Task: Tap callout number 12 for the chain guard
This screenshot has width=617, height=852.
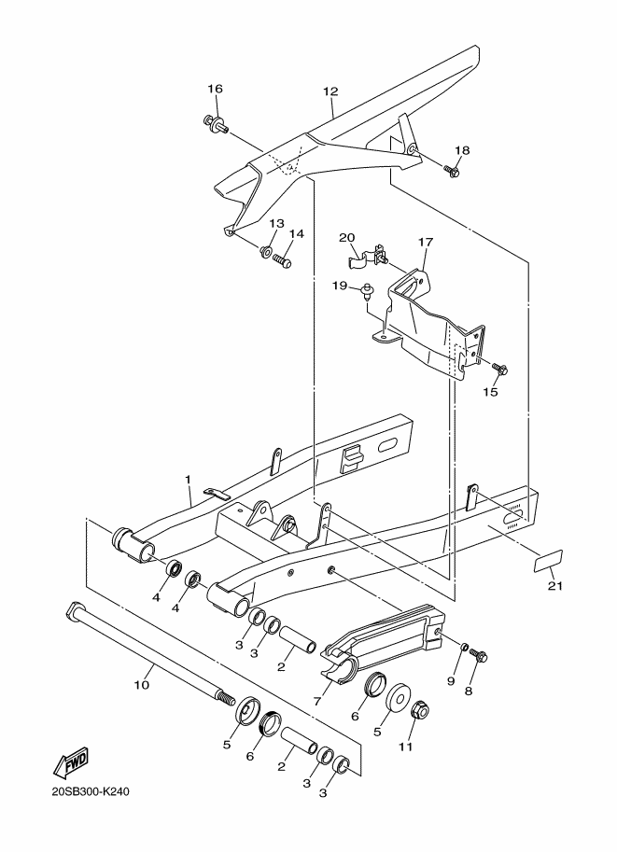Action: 330,91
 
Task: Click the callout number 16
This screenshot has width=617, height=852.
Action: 215,89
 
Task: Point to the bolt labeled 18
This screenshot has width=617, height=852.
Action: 455,171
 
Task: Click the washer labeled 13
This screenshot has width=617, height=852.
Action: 267,251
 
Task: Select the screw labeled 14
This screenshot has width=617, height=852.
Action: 283,261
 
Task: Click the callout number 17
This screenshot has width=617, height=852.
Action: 426,242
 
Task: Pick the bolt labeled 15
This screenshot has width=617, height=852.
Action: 498,370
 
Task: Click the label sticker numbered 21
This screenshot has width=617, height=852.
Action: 549,560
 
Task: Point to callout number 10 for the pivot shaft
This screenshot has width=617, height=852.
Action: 141,684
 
